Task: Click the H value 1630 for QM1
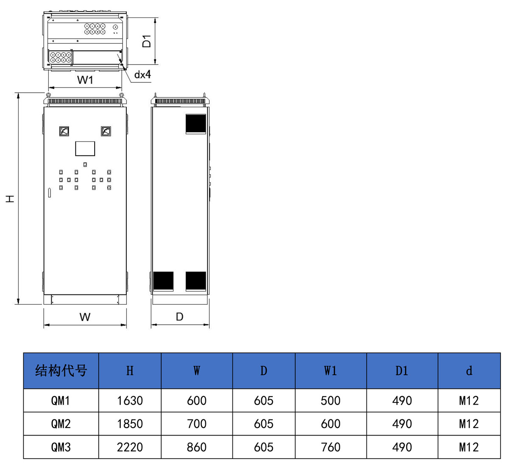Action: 130,401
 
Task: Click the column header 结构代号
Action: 61,371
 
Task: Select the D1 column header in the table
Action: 402,371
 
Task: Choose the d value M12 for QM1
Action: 469,401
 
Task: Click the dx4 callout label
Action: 143,74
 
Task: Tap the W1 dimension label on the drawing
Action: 85,80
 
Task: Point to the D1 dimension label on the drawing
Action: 146,41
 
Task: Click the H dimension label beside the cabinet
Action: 10,199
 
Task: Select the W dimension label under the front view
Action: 85,317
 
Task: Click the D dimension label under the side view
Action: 179,317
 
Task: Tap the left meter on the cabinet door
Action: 64,131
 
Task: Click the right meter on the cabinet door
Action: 106,131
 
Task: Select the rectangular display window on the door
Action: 85,149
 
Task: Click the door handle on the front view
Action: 49,193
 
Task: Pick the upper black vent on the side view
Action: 196,124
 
